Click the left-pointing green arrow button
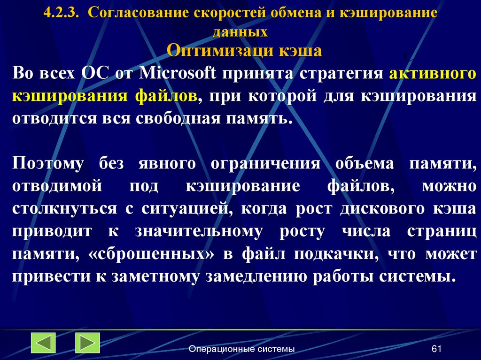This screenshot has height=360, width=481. (x=43, y=343)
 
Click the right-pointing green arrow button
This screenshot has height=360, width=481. (x=87, y=343)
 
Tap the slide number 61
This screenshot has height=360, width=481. (x=437, y=349)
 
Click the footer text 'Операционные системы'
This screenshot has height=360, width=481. (x=241, y=349)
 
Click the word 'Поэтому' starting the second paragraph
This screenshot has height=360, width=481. (x=48, y=164)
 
